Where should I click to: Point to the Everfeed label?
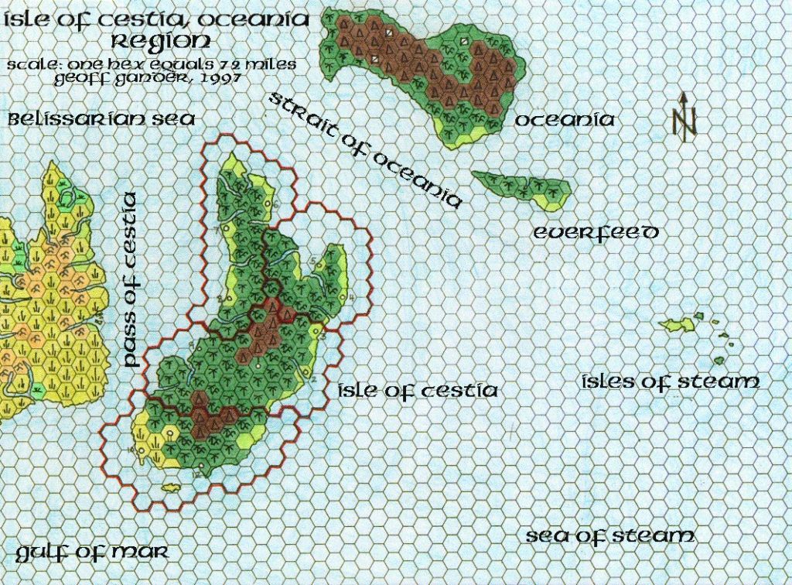[x=596, y=232]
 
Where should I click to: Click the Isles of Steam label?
[x=670, y=381]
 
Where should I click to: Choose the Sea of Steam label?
[x=610, y=536]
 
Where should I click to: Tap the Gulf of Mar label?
[x=90, y=552]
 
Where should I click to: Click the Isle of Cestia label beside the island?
[x=418, y=391]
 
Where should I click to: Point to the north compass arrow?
[x=684, y=116]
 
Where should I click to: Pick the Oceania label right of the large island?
[x=565, y=120]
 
